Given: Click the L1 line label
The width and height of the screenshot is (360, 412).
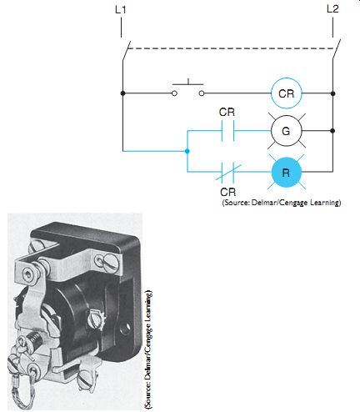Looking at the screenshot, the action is [121, 10].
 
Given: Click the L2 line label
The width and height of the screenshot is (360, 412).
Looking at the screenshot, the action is [332, 9].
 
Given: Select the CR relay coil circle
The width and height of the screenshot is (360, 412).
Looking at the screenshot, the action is [286, 93].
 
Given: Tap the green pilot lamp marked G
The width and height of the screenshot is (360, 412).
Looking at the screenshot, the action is [286, 131].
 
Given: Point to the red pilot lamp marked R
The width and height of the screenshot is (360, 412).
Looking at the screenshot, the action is [287, 172].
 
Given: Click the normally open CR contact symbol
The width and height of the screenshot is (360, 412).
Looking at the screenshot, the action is [227, 131].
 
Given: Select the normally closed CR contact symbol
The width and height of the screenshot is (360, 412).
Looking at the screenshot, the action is [227, 172].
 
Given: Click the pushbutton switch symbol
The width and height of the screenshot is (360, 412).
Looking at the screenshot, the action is [188, 88].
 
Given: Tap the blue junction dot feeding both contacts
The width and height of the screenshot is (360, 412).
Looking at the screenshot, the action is [187, 151].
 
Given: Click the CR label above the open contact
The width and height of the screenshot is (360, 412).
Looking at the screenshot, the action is [227, 112].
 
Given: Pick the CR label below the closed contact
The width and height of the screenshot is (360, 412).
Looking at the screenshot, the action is [228, 192].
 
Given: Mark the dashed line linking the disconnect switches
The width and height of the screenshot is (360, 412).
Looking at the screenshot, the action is [230, 48].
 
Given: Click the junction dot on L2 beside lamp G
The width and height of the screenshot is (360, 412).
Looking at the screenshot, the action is [332, 131].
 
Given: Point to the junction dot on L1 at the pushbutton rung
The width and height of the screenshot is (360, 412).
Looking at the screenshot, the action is [122, 93].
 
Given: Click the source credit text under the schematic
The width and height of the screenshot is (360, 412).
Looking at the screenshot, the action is [282, 203].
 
